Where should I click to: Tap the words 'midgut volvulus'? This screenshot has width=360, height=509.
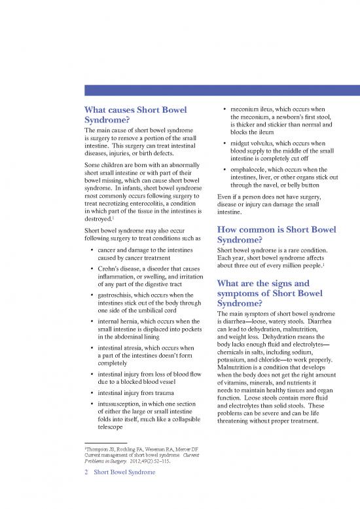tap(254, 143)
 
